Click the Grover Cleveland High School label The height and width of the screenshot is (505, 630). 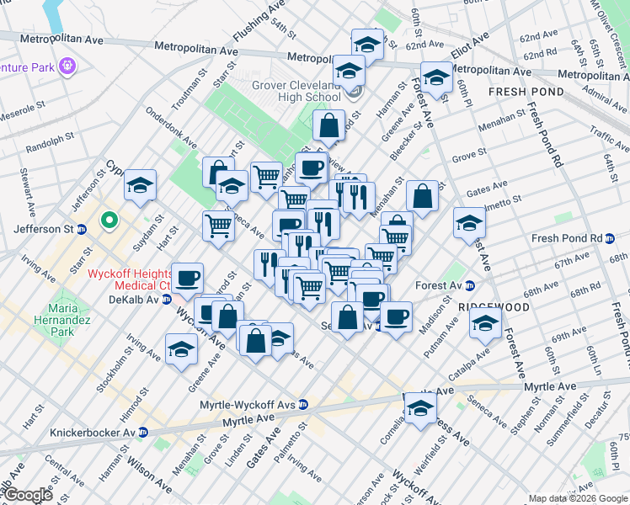[296, 91]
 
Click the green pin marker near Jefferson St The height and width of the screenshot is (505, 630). [108, 221]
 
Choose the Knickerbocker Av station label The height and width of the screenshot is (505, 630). [93, 433]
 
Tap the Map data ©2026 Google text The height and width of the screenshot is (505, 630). [578, 498]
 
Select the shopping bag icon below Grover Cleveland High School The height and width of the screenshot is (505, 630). [329, 126]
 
